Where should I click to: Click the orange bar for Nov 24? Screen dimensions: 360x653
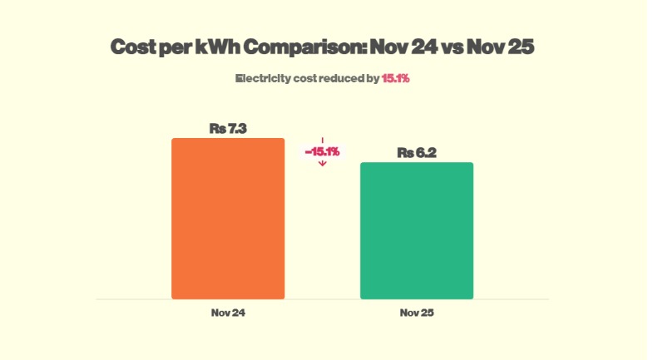(228, 218)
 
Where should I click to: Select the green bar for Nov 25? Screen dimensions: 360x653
(416, 230)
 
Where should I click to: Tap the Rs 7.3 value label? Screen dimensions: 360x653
(228, 128)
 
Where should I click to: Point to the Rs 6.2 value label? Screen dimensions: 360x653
(417, 153)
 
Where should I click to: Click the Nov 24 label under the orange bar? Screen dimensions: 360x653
(228, 313)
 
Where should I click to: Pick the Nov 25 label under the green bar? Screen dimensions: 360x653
(417, 313)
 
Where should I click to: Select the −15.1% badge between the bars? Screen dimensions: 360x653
(322, 151)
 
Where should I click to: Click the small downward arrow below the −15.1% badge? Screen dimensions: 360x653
(322, 164)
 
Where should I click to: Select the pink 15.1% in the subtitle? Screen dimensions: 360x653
(396, 78)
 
